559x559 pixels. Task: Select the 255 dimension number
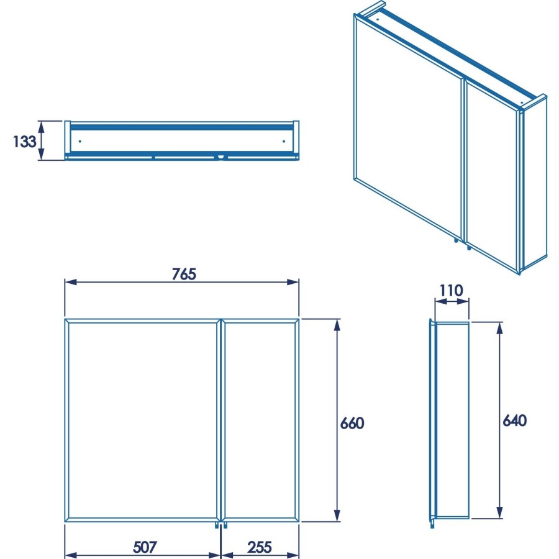point(259,547)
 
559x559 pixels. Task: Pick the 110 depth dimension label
point(452,290)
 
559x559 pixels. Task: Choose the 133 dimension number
point(24,141)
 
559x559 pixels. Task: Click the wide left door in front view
point(142,420)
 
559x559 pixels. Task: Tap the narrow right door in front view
point(260,420)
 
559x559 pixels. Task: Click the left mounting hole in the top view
point(80,141)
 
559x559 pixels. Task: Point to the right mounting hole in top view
point(284,141)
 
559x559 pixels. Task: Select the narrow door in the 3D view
point(491,180)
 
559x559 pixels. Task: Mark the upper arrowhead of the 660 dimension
point(337,324)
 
